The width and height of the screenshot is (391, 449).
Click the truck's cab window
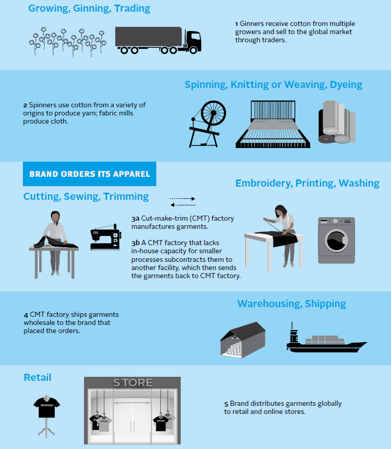(x=195, y=37)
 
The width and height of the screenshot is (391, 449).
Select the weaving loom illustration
(x=273, y=124)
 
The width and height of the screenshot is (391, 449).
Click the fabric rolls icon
(x=337, y=122)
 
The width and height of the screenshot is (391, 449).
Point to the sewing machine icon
(x=106, y=237)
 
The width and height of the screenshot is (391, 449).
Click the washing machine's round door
(x=336, y=241)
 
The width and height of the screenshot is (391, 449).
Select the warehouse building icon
(x=243, y=340)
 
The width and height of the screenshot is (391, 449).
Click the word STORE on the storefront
(x=133, y=382)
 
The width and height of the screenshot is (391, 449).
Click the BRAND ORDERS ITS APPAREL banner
(x=90, y=174)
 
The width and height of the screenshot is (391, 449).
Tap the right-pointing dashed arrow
(x=182, y=198)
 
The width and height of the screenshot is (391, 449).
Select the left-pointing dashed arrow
(x=183, y=205)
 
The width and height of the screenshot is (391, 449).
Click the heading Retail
(x=38, y=377)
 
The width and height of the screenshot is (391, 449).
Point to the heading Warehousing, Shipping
(x=292, y=304)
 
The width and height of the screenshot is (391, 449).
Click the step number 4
(x=26, y=315)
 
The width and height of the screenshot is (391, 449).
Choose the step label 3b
(x=135, y=243)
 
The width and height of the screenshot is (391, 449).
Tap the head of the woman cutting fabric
(x=55, y=217)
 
